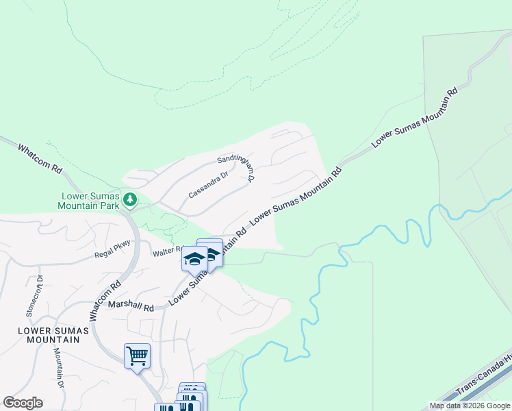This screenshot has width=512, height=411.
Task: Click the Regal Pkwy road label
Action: (112, 254)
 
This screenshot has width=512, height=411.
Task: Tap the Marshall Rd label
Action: (131, 306)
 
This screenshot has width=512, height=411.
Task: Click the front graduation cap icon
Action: (194, 259)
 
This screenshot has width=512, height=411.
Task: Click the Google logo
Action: (23, 403)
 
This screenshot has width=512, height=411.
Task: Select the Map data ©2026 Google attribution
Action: (470, 406)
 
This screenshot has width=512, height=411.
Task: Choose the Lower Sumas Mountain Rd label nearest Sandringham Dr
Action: (296, 196)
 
